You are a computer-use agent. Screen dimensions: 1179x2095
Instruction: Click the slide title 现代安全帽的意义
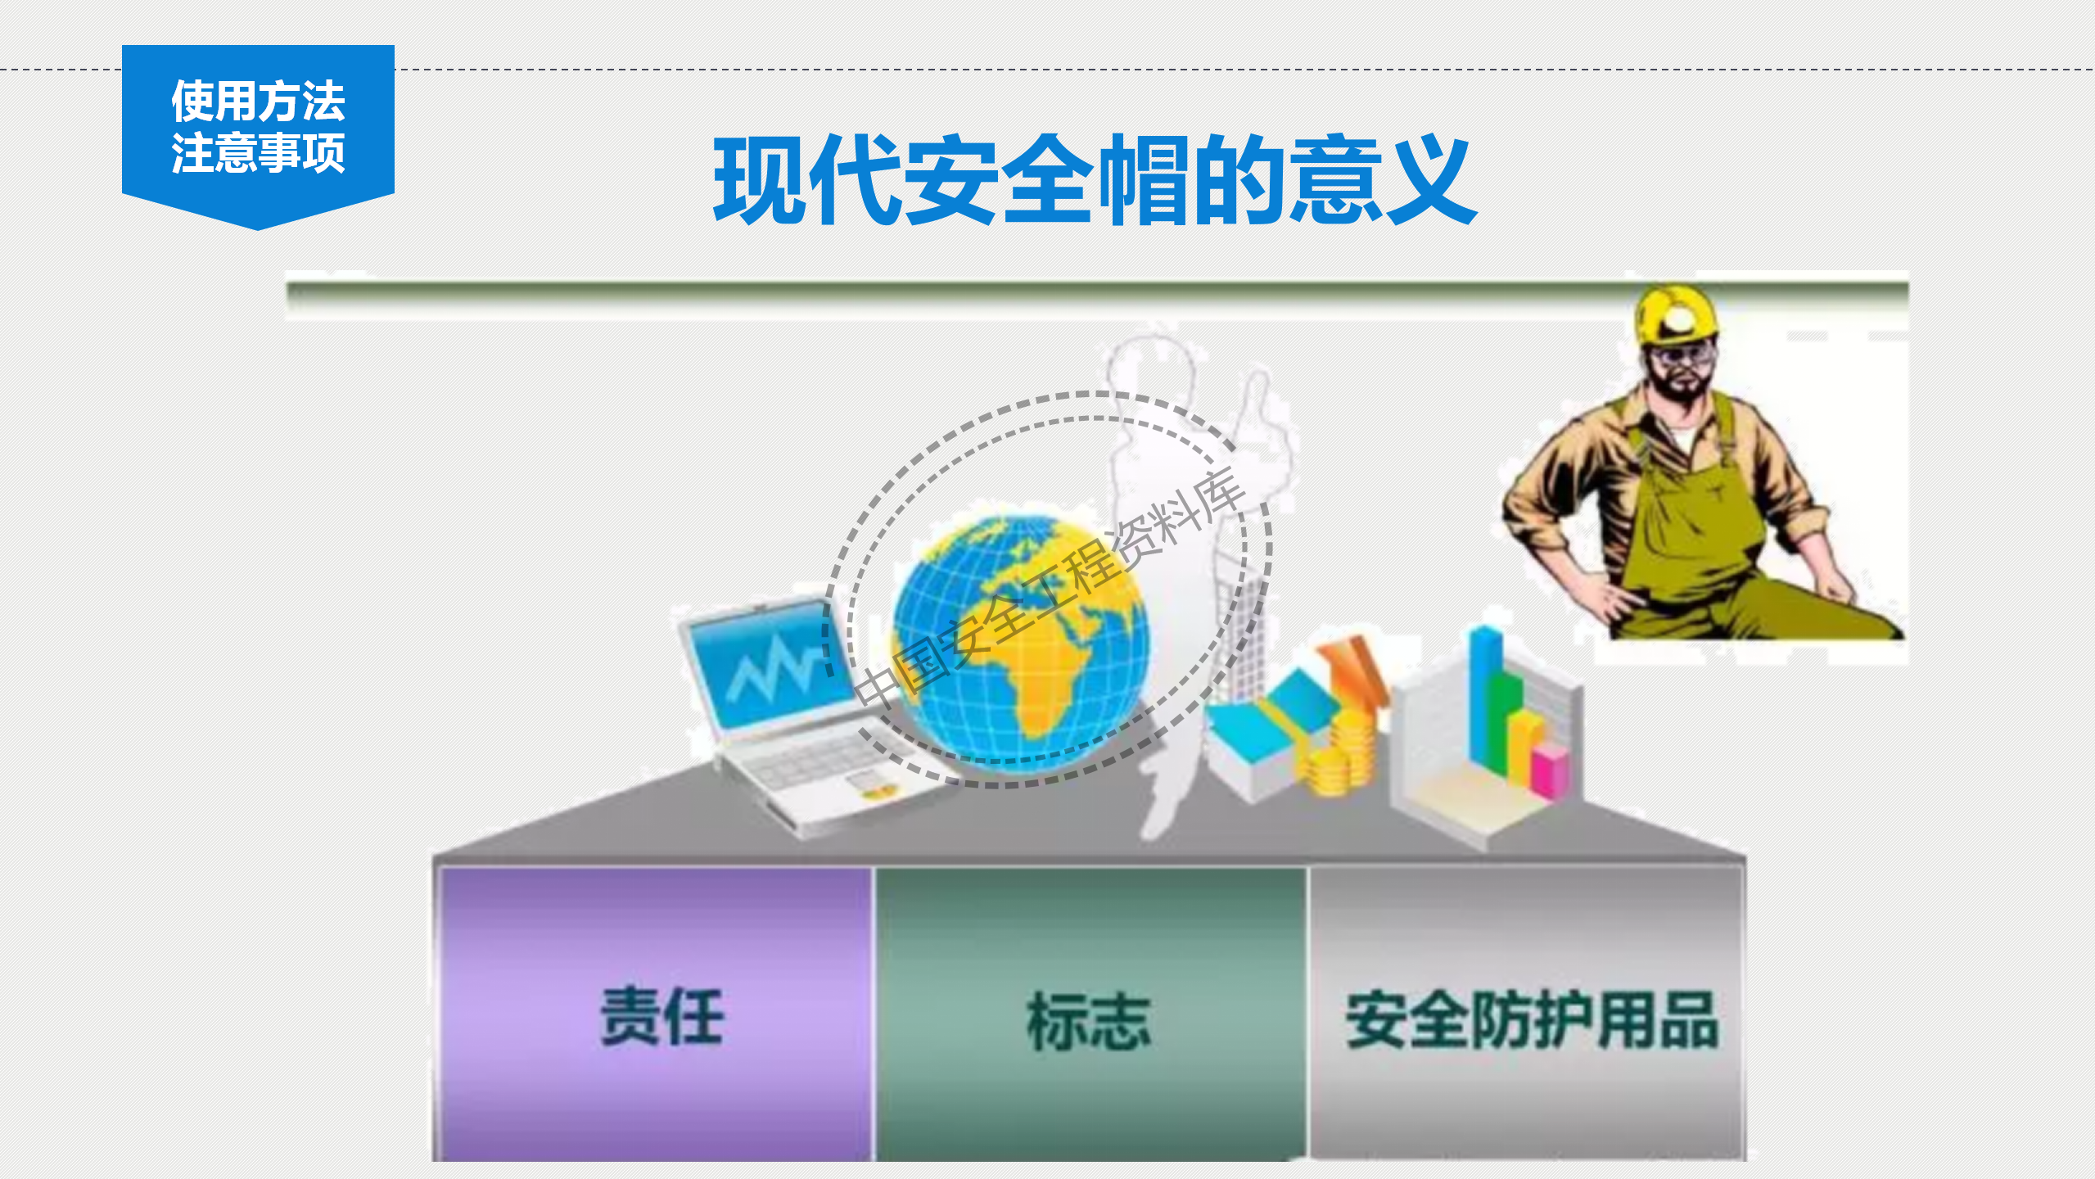[1095, 180]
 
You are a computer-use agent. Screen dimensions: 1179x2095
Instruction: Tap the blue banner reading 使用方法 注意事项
[258, 127]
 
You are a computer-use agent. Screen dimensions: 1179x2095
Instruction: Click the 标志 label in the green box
[1089, 1021]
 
